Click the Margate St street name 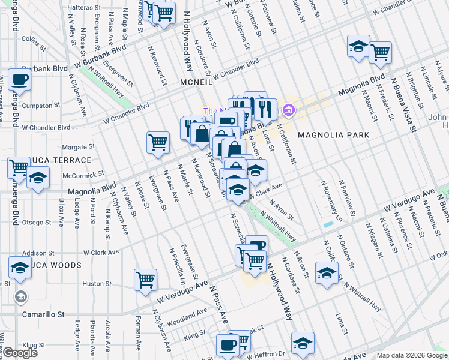coord(79,146)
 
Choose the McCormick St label coord(81,176)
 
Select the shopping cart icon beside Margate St coord(158,142)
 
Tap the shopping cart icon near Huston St coord(146,279)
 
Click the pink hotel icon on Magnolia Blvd coord(289,110)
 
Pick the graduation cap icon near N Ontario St coord(327,273)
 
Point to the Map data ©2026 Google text coord(412,355)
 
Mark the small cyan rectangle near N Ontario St coord(327,224)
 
